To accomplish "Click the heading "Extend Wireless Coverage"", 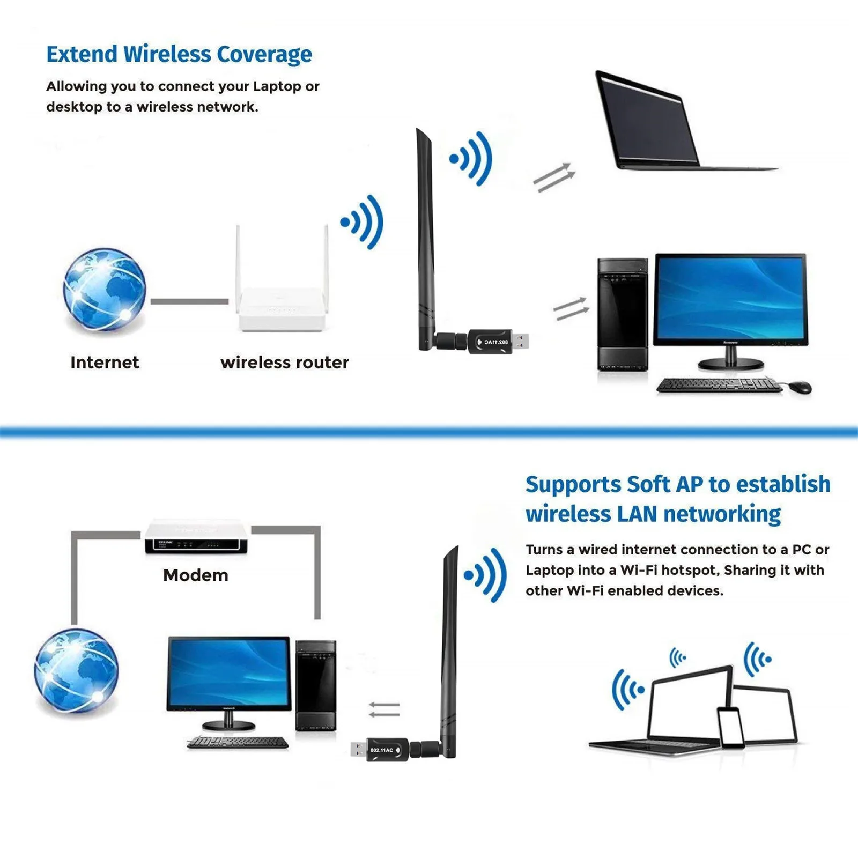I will pos(179,55).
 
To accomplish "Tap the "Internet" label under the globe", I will pos(105,363).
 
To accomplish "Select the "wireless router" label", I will pos(284,363).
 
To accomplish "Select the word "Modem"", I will pos(196,575).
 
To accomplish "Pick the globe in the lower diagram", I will pos(77,671).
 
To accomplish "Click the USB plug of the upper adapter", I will pos(521,341).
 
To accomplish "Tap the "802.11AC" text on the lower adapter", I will pos(382,750).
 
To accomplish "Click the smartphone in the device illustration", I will pos(730,728).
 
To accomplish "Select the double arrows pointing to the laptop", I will pos(554,177).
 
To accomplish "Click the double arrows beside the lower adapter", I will pos(384,709).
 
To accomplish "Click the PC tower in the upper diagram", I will pos(623,314).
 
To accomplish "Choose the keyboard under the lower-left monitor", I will pos(238,742).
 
